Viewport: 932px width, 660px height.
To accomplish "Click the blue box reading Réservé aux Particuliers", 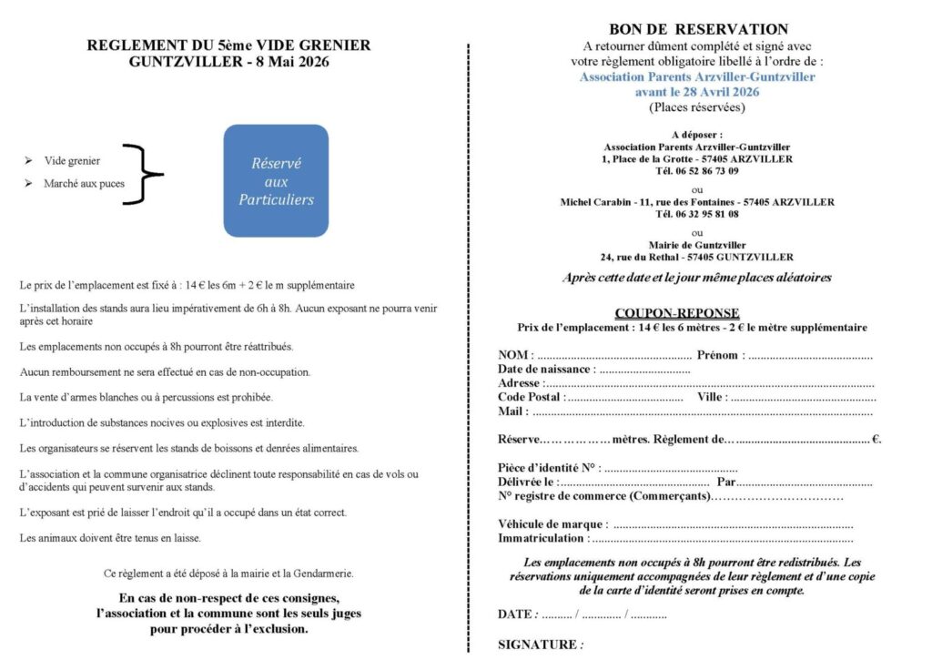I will pyautogui.click(x=276, y=180).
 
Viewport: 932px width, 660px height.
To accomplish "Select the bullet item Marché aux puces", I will pyautogui.click(x=85, y=184).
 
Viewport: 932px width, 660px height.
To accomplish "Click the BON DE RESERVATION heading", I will pyautogui.click(x=698, y=29).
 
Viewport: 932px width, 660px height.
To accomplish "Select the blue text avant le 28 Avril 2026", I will pyautogui.click(x=697, y=92).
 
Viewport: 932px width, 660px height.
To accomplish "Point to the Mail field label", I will pyautogui.click(x=513, y=411).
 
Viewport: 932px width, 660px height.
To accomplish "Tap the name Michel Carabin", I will pyautogui.click(x=593, y=202).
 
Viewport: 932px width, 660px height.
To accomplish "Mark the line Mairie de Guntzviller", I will pyautogui.click(x=697, y=245).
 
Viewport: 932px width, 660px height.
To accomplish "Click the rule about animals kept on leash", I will pyautogui.click(x=110, y=538).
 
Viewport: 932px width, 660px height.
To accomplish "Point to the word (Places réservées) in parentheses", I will pyautogui.click(x=697, y=107).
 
